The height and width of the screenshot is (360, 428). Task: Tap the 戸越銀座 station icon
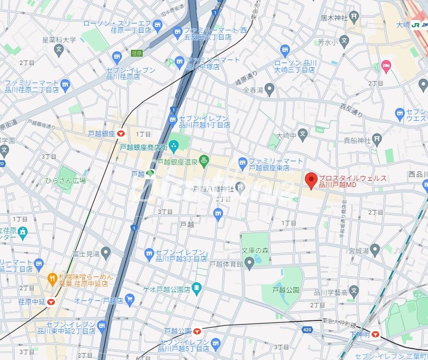click(x=121, y=133)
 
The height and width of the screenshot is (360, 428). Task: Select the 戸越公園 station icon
click(x=197, y=331)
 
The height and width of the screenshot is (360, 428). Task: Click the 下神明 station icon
click(x=375, y=335)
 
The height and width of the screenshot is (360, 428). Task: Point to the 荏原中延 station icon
click(x=51, y=302)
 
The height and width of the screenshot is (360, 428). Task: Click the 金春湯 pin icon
click(x=270, y=90)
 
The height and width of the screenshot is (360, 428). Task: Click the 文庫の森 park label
click(x=255, y=251)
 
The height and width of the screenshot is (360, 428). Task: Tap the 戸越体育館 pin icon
click(x=249, y=264)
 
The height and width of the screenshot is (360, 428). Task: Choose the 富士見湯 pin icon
click(x=106, y=253)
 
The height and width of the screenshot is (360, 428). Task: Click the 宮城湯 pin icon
click(x=375, y=251)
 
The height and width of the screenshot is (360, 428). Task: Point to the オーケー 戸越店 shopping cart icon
click(x=129, y=299)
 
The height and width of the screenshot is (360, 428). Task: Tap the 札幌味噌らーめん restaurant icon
click(x=52, y=278)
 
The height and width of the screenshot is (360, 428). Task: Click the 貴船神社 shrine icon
click(x=376, y=141)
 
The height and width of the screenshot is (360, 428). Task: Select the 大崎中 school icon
click(x=303, y=134)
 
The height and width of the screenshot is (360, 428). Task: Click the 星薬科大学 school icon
click(x=59, y=49)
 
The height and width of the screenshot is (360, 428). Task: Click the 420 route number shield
click(x=306, y=330)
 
